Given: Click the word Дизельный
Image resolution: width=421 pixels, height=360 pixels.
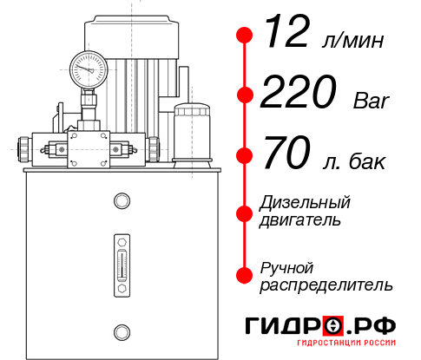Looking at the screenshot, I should (x=306, y=203).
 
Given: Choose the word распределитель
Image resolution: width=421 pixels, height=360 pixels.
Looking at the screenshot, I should (x=326, y=285).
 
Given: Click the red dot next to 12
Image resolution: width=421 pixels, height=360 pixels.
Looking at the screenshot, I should (x=244, y=36).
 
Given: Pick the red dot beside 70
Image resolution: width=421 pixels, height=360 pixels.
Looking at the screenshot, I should (x=244, y=157).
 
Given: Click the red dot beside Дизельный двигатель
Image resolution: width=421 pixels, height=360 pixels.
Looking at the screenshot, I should (x=244, y=213).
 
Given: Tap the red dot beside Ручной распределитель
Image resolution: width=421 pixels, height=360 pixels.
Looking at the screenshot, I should (x=244, y=275).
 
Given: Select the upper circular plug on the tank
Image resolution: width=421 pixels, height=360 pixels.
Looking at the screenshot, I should (x=121, y=202).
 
